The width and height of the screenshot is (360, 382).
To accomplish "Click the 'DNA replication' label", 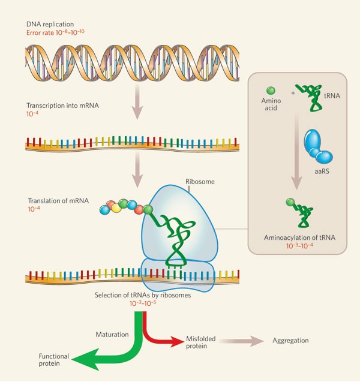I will [x=50, y=23].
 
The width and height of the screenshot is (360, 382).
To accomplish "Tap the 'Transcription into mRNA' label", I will [x=63, y=106].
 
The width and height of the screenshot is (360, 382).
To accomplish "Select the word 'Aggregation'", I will [x=290, y=341].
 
